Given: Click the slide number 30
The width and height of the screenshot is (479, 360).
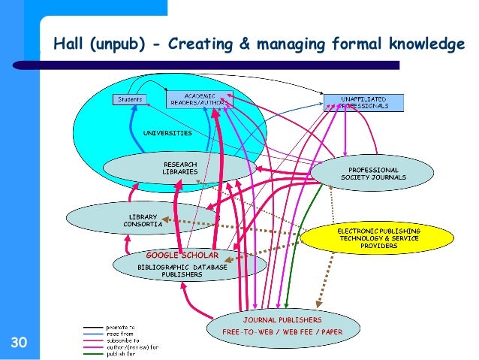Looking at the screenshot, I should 19,344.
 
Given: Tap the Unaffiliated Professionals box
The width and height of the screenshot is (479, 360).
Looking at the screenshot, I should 363,102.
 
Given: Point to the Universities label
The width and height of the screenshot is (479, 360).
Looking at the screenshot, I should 167,133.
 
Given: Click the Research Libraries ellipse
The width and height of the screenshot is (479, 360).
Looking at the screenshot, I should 180,168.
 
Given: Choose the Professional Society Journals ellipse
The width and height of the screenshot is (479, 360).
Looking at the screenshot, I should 373,174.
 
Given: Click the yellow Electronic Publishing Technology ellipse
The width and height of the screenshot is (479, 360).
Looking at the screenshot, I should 378,237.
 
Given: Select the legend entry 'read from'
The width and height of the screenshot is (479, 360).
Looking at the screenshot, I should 119,334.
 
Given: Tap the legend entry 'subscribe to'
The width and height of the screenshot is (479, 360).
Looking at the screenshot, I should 122,340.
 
